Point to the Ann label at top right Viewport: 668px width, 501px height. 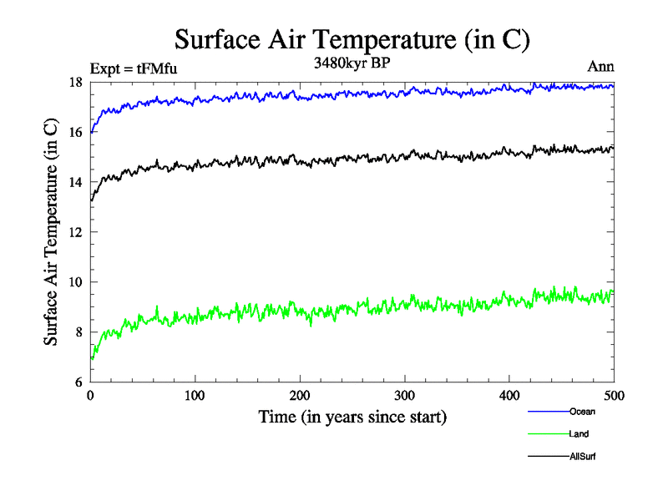click(600, 67)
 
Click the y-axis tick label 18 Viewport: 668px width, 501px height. click(75, 82)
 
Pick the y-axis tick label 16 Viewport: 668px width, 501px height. click(75, 132)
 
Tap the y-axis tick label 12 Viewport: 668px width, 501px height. click(75, 232)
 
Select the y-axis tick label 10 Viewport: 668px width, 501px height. click(75, 282)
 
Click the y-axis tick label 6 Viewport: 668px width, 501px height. click(78, 382)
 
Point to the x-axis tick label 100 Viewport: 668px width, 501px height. click(195, 395)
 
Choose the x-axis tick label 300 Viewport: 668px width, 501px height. click(405, 395)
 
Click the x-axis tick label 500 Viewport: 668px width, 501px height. click(614, 395)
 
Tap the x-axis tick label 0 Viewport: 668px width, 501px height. click(90, 395)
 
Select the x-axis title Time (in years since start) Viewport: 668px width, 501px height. click(352, 417)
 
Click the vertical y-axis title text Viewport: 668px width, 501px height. click(52, 232)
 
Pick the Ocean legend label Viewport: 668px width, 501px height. click(582, 412)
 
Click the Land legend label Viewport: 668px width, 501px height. click(579, 434)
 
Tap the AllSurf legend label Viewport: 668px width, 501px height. click(582, 457)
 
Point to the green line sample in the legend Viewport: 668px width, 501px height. click(548, 434)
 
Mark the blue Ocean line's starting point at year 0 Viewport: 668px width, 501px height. click(90, 132)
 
